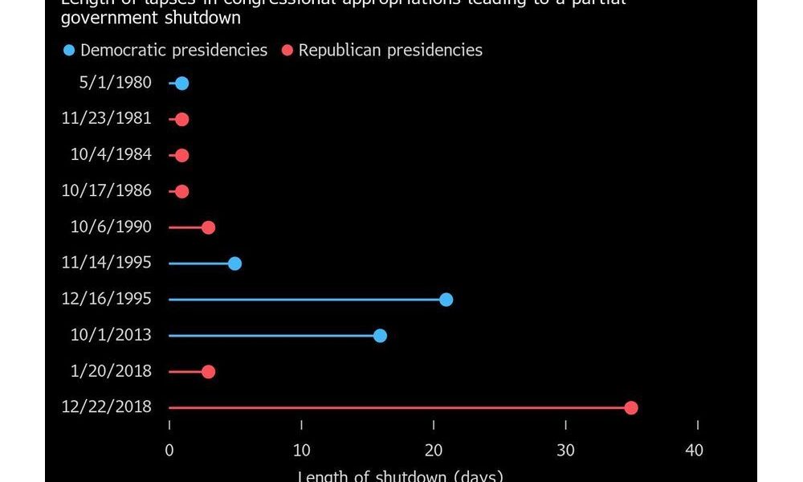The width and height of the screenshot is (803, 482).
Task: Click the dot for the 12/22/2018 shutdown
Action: (631, 408)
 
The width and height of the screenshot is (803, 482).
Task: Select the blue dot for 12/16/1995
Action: (446, 300)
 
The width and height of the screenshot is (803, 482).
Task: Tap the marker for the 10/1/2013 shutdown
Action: (380, 336)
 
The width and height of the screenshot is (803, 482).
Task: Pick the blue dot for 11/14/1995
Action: (234, 263)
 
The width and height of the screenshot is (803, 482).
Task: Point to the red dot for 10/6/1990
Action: (208, 227)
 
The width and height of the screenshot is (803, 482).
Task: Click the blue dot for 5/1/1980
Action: (182, 84)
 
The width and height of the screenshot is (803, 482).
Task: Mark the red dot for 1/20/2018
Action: (208, 372)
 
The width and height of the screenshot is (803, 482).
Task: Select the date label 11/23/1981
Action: (106, 119)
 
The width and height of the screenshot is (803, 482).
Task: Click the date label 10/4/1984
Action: (111, 155)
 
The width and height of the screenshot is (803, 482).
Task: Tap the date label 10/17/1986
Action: (106, 191)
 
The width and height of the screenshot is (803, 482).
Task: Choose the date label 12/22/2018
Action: (106, 407)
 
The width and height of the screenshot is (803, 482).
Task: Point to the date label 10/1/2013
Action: (111, 336)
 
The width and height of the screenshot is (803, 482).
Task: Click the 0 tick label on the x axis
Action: (169, 451)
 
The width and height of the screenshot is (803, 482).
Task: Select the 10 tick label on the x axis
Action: (301, 451)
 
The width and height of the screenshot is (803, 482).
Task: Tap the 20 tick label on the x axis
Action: (434, 451)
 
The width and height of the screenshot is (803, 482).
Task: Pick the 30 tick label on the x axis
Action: (566, 451)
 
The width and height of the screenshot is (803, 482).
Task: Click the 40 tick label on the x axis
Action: (694, 451)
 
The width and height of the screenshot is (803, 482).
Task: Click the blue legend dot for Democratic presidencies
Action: (69, 51)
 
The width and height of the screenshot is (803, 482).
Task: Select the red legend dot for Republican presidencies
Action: (287, 51)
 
